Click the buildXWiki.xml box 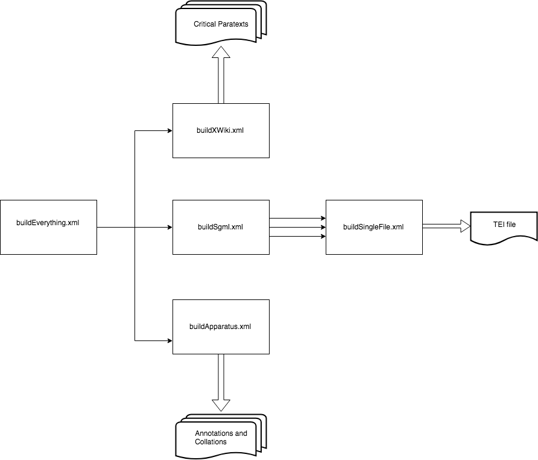coord(221,130)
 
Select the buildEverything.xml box coord(48,227)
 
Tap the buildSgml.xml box coord(221,227)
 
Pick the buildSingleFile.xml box coord(374,227)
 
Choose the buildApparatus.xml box coord(221,327)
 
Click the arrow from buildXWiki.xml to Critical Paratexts coord(221,75)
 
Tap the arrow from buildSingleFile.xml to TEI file coord(446,226)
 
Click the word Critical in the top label coord(204,24)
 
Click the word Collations coord(210,442)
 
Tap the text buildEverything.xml coord(48,223)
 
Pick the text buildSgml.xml coord(220,227)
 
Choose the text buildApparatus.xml coord(220,327)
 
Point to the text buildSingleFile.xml coord(373,227)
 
